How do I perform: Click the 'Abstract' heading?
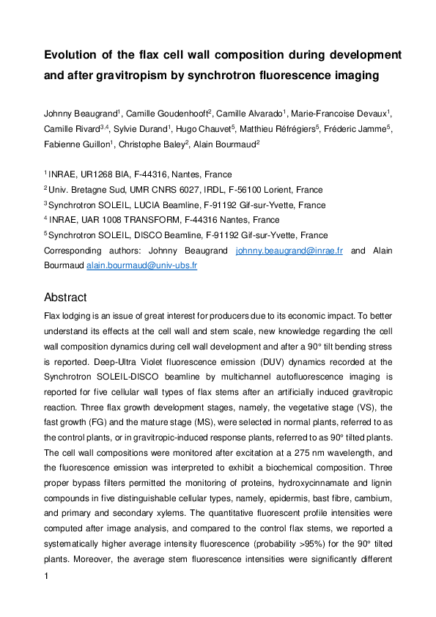coord(65,298)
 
